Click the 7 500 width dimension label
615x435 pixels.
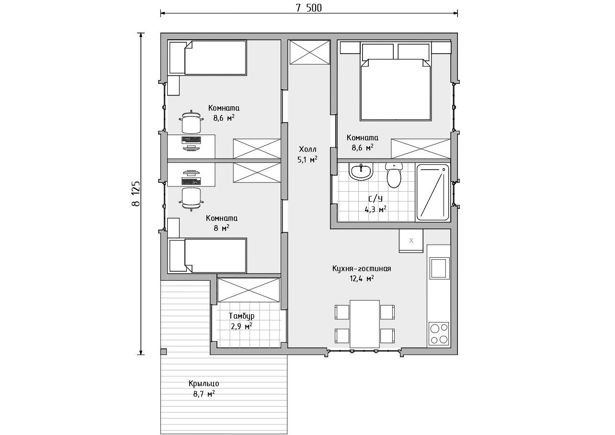[308, 8]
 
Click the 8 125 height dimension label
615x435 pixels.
[136, 194]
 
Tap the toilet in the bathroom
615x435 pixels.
[394, 175]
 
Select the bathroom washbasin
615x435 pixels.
[361, 172]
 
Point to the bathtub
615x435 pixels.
[433, 192]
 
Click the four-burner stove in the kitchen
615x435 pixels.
[438, 333]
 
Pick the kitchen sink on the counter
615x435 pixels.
[439, 268]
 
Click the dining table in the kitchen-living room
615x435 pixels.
[364, 324]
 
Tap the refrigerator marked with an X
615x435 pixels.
[411, 241]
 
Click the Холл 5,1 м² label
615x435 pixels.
[307, 154]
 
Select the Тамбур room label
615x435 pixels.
[241, 316]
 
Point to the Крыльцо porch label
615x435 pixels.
[204, 383]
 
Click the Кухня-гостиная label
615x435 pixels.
[362, 268]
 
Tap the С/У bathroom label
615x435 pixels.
[376, 198]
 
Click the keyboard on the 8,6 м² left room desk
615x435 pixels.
[191, 140]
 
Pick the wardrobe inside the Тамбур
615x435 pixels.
[249, 290]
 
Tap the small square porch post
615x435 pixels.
[163, 352]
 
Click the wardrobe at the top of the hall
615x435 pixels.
[310, 52]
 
